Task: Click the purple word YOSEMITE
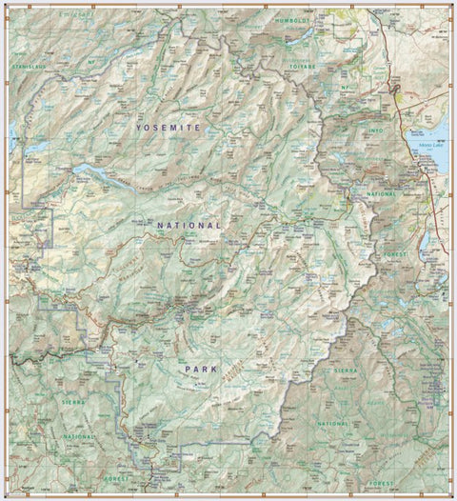168,127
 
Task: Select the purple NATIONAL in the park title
189,226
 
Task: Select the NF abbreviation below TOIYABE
348,87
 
